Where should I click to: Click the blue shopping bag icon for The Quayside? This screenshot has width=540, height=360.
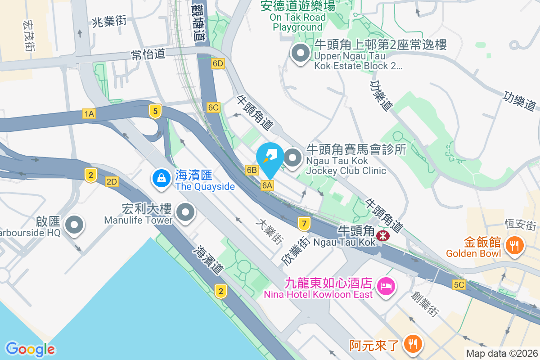pos(161,178)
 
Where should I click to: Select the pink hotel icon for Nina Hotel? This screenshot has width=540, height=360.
pos(385,286)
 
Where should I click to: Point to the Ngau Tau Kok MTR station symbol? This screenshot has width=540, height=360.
pos(383,235)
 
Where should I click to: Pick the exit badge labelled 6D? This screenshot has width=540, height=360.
pos(218,63)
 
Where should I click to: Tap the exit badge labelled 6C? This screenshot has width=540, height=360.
pos(213,107)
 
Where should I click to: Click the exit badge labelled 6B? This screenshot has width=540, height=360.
pos(252,170)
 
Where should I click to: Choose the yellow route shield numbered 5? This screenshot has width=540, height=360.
pos(155,111)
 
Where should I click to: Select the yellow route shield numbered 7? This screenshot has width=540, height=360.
pos(304,223)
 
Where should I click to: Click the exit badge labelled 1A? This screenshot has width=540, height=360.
pos(89,114)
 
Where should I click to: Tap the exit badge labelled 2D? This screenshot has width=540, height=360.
pos(112,182)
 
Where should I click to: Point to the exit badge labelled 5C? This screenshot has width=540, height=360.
pos(459,285)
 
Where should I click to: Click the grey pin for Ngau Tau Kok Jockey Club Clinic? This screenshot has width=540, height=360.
pos(293,158)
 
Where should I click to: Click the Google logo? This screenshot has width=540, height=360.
pos(30,349)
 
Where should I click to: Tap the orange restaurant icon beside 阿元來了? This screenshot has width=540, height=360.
pos(412,344)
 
